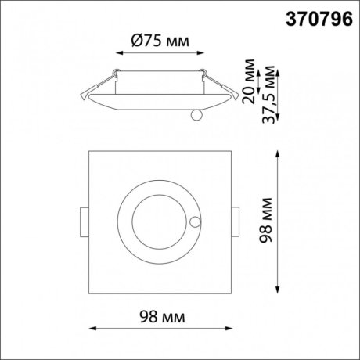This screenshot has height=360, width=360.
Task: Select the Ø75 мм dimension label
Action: point(160,42)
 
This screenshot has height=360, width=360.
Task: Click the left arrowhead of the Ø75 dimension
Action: point(119,53)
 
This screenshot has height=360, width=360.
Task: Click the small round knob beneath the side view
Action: point(196,116)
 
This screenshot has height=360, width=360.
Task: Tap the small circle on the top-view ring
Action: point(192,222)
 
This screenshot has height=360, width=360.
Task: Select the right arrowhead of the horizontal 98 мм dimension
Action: point(229,327)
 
